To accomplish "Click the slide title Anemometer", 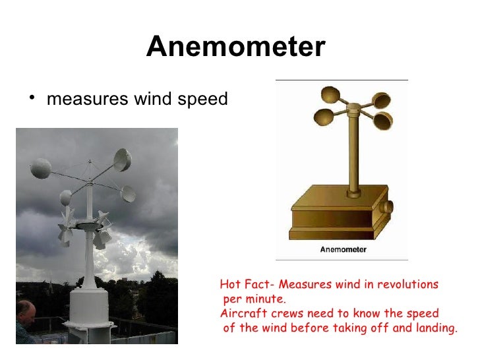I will (x=235, y=47).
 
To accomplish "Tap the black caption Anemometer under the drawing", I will (x=343, y=250).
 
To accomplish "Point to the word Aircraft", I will (x=240, y=313).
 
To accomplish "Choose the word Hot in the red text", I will (x=229, y=285).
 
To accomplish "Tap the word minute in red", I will (x=268, y=299).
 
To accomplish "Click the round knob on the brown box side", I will (x=388, y=206).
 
